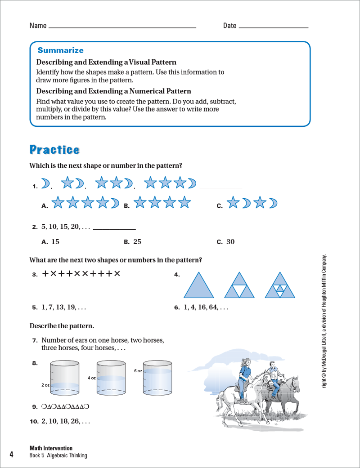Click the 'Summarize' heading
click(60, 50)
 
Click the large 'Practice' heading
click(54, 150)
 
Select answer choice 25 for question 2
click(137, 241)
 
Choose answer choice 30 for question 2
click(230, 241)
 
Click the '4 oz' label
click(92, 378)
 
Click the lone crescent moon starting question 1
click(45, 183)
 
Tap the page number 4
click(11, 455)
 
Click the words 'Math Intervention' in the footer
click(51, 448)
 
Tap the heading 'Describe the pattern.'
click(62, 325)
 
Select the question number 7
click(34, 340)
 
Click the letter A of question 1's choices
click(44, 206)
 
